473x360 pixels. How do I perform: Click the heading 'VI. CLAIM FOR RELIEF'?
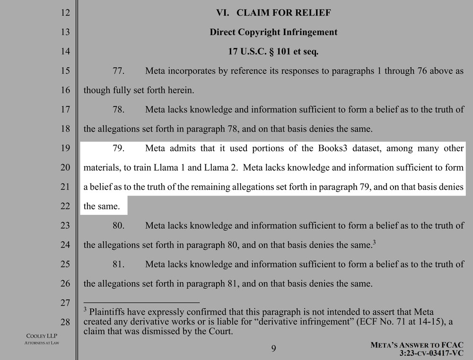click(x=273, y=13)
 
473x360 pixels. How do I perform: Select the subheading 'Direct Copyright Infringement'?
click(x=273, y=32)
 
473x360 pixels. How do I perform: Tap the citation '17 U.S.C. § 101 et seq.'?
click(x=273, y=52)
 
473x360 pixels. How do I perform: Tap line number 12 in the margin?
click(x=65, y=13)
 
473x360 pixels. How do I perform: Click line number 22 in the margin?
click(x=65, y=206)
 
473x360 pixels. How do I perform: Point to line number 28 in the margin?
click(x=65, y=322)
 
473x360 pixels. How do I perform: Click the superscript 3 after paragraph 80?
click(x=374, y=243)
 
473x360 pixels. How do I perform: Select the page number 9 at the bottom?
click(x=273, y=349)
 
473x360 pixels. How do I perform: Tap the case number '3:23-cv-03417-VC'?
click(x=432, y=353)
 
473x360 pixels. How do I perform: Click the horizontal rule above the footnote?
click(x=141, y=302)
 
